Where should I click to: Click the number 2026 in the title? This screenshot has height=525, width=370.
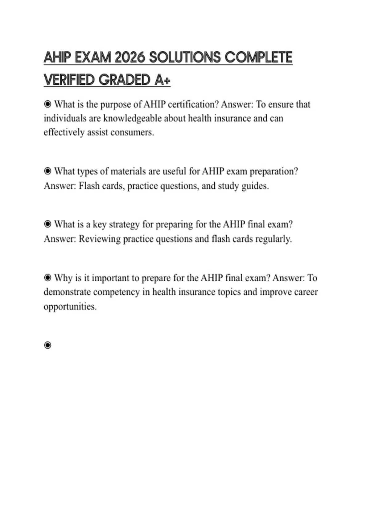point(129,58)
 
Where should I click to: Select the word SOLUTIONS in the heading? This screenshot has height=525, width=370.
point(185,58)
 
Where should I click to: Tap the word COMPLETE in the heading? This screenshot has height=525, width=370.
point(258,58)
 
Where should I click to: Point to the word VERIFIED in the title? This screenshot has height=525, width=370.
point(69,80)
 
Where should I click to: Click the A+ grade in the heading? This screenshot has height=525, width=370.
point(162,80)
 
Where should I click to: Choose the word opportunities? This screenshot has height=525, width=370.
point(70,307)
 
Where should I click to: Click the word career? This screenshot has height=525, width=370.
point(306,292)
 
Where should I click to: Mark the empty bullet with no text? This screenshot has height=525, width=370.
point(47,345)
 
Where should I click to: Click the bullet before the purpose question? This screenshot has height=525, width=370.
point(47,104)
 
